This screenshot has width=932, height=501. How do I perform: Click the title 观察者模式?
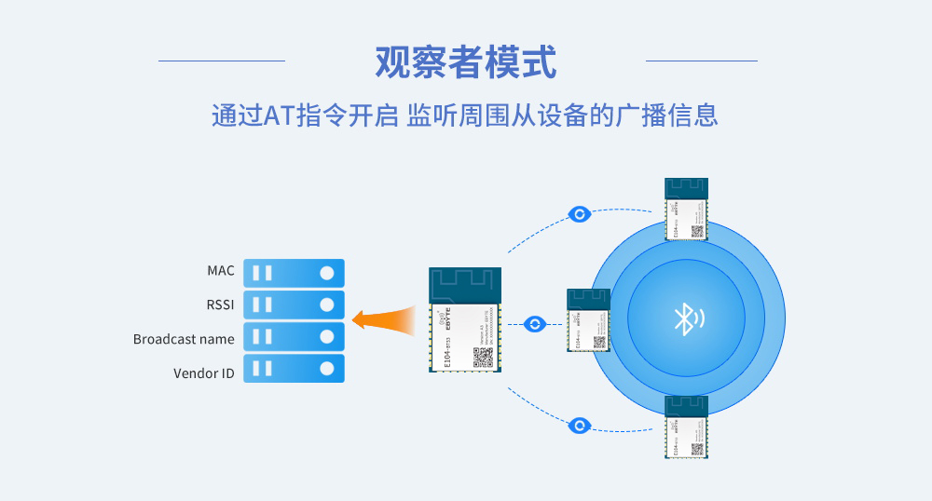pyautogui.click(x=465, y=62)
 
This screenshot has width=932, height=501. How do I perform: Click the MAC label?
pyautogui.click(x=221, y=271)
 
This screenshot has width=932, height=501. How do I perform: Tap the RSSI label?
pyautogui.click(x=221, y=305)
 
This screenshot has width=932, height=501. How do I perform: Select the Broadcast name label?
pyautogui.click(x=184, y=339)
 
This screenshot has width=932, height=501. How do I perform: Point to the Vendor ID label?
pyautogui.click(x=204, y=373)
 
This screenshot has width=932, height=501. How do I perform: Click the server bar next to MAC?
pyautogui.click(x=294, y=273)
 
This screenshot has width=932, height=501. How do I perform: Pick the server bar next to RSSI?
pyautogui.click(x=294, y=305)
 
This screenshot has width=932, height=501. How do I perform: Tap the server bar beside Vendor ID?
pyautogui.click(x=294, y=369)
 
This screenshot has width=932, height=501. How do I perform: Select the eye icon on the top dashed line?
pyautogui.click(x=580, y=215)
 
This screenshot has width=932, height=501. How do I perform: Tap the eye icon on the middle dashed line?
pyautogui.click(x=534, y=324)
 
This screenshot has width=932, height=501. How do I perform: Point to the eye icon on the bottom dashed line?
pyautogui.click(x=580, y=426)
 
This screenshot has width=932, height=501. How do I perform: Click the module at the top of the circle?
pyautogui.click(x=686, y=209)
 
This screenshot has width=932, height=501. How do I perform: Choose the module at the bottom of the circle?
pyautogui.click(x=686, y=427)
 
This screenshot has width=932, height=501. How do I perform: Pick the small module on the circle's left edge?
pyautogui.click(x=588, y=320)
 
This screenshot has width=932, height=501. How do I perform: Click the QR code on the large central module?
pyautogui.click(x=482, y=358)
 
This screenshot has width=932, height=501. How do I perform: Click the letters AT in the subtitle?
pyautogui.click(x=280, y=115)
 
